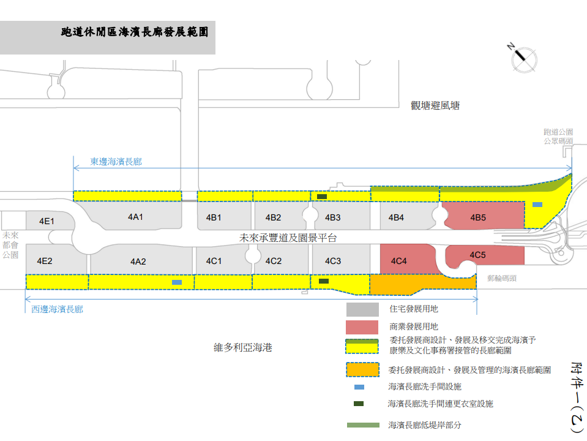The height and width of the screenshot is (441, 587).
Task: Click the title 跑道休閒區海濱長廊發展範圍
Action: (x=135, y=32)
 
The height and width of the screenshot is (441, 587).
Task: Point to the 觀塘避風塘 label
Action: (x=435, y=105)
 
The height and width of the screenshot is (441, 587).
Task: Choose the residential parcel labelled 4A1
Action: (x=135, y=217)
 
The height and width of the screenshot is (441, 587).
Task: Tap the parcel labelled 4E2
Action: (x=45, y=261)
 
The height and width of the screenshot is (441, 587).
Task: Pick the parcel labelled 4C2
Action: (x=274, y=261)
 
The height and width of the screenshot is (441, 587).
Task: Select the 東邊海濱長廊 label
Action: (x=116, y=162)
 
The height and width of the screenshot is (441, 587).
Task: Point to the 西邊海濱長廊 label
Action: (x=57, y=309)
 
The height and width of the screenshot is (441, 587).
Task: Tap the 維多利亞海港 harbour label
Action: (x=242, y=348)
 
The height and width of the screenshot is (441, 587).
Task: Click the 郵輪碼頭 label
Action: (x=502, y=278)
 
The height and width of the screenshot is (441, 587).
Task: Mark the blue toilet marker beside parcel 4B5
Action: (x=537, y=205)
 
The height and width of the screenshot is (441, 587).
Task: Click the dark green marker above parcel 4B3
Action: (x=321, y=197)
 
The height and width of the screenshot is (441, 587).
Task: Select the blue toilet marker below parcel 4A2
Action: (x=177, y=282)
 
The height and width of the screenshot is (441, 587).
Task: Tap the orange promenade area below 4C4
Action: (x=422, y=283)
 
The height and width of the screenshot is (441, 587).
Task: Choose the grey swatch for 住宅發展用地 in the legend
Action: (x=362, y=310)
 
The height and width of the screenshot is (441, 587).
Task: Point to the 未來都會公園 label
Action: (x=10, y=245)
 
